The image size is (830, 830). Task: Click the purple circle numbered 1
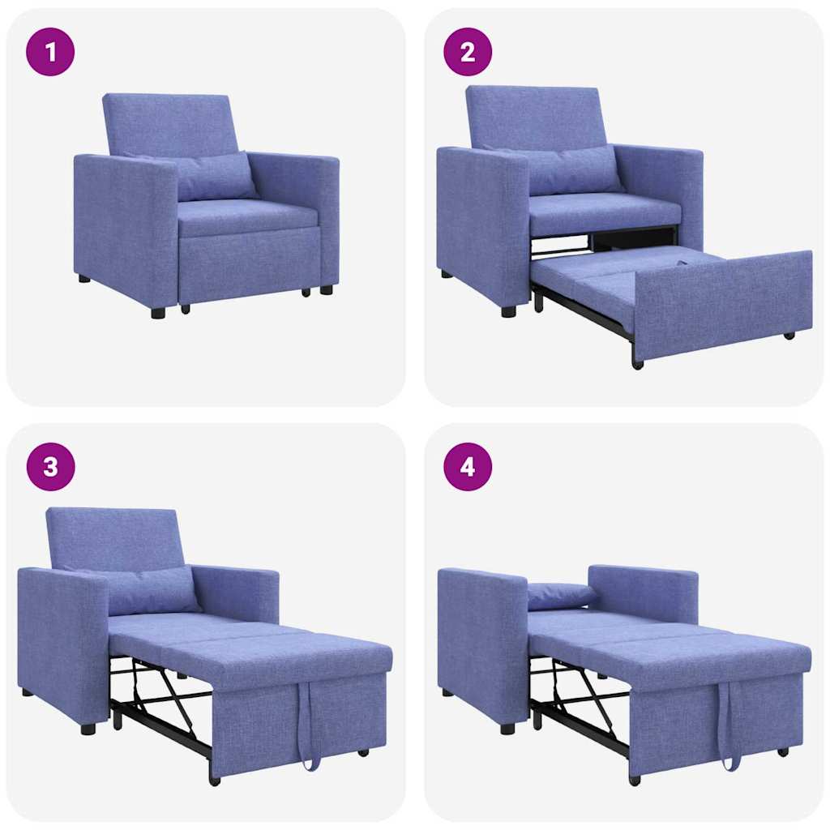point(50,52)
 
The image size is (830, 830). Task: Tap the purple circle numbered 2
point(468,52)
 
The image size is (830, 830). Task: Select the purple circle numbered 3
point(50,467)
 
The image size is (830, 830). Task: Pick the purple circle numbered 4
point(468,467)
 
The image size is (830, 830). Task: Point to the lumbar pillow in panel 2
point(571,170)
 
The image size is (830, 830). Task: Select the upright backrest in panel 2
point(535,118)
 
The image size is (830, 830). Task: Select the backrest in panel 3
point(113,538)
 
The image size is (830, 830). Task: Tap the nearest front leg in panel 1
point(158,312)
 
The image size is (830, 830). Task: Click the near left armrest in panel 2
point(481,227)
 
